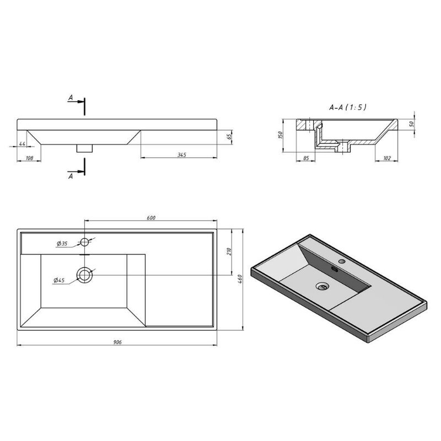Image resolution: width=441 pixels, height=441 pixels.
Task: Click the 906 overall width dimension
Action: (117, 342)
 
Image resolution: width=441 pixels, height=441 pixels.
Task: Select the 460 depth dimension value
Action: (240, 279)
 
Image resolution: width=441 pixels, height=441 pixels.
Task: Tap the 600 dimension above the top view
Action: (151, 218)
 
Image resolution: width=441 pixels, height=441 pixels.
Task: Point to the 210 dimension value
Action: (229, 251)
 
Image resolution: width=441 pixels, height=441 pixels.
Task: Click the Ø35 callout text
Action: (62, 244)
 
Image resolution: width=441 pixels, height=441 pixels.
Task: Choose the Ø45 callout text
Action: (59, 280)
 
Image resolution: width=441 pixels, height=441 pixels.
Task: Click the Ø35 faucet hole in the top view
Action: (85, 241)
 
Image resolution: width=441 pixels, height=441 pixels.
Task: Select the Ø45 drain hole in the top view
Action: (84, 275)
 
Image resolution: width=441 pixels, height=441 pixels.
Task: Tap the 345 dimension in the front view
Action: (182, 155)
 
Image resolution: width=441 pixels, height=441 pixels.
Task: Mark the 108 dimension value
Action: (29, 158)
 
